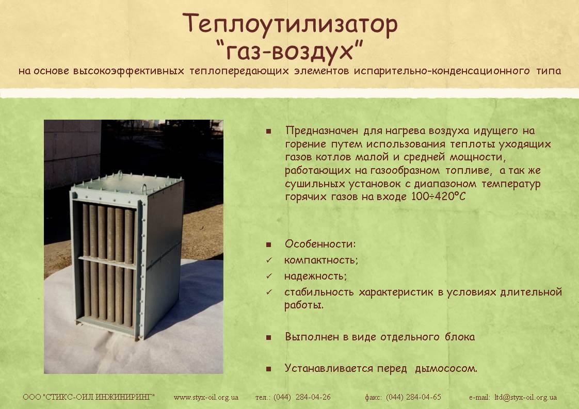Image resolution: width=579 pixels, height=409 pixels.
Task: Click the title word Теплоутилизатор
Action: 290,24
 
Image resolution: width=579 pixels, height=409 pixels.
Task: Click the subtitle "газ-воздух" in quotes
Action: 289,51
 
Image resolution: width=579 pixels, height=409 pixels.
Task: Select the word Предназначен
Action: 321,130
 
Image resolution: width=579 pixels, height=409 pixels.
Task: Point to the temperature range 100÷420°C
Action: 439,196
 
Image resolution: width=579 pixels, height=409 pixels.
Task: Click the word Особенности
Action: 319,243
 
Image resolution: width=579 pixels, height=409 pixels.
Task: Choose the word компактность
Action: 320,260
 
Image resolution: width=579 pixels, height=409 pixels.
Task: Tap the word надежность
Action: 315,276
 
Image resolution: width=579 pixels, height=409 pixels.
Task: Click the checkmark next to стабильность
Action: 269,292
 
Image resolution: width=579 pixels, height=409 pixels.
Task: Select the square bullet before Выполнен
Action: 268,337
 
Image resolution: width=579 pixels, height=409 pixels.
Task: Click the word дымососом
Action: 446,368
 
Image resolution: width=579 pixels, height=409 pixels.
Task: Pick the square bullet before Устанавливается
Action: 268,369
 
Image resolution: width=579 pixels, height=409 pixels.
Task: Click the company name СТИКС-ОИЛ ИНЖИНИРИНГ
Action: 98,397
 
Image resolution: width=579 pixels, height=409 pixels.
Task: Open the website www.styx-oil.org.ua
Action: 206,398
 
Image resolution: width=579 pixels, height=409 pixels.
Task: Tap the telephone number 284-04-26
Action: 313,397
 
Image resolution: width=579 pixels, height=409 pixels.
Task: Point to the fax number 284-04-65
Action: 424,397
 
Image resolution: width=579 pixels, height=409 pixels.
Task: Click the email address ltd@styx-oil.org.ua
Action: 525,398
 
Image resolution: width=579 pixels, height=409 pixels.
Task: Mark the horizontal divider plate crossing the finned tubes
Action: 107,263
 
